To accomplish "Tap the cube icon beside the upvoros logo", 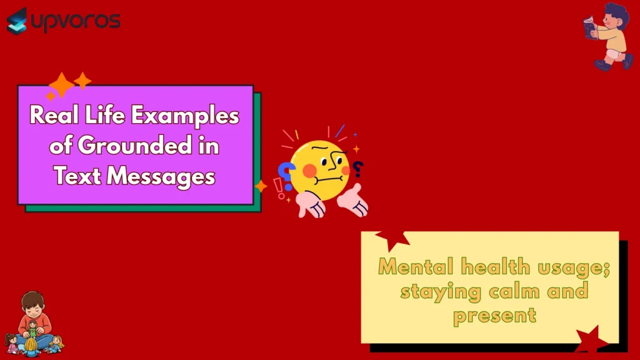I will pyautogui.click(x=17, y=21).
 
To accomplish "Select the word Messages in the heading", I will pyautogui.click(x=160, y=176).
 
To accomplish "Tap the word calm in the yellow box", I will pyautogui.click(x=516, y=291).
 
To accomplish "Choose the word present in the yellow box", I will pyautogui.click(x=495, y=314).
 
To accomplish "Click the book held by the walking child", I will pyautogui.click(x=590, y=28).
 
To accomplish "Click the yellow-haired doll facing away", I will pyautogui.click(x=56, y=343).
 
